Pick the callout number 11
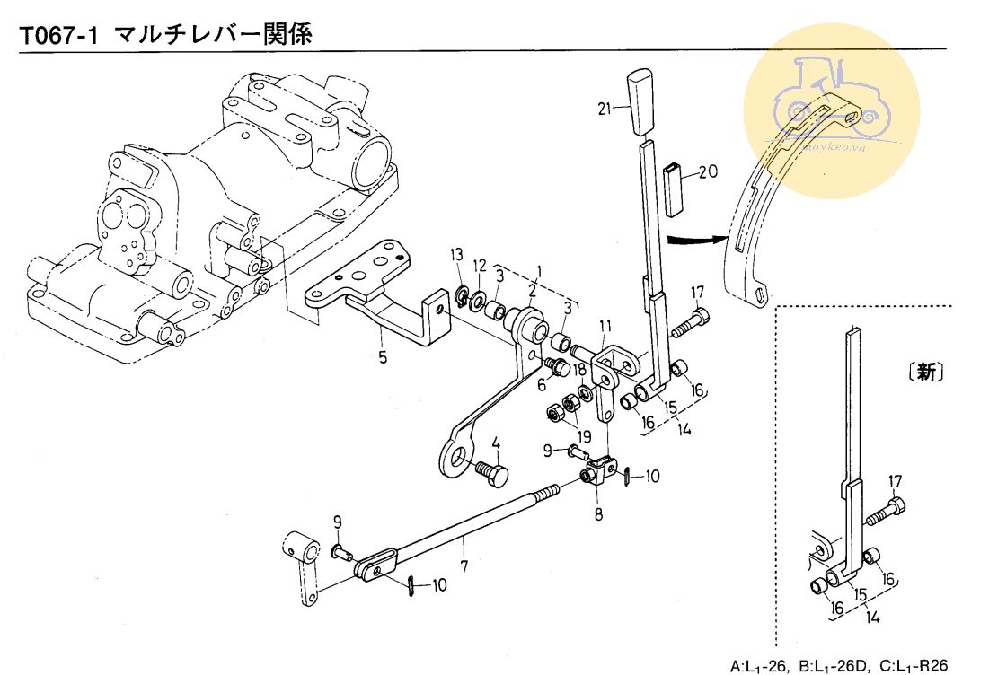(x=605, y=324)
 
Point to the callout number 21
(x=603, y=109)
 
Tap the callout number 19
(x=586, y=437)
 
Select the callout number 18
(x=579, y=369)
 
